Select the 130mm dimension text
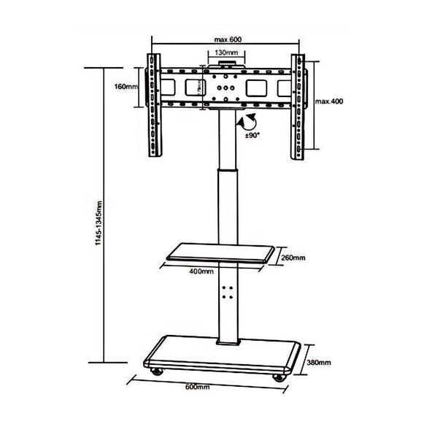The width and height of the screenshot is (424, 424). [227, 53]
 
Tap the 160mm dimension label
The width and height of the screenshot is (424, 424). [126, 87]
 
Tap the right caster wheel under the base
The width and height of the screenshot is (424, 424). [277, 377]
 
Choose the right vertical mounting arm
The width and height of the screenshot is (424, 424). [299, 105]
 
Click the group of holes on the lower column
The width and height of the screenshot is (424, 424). [227, 292]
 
